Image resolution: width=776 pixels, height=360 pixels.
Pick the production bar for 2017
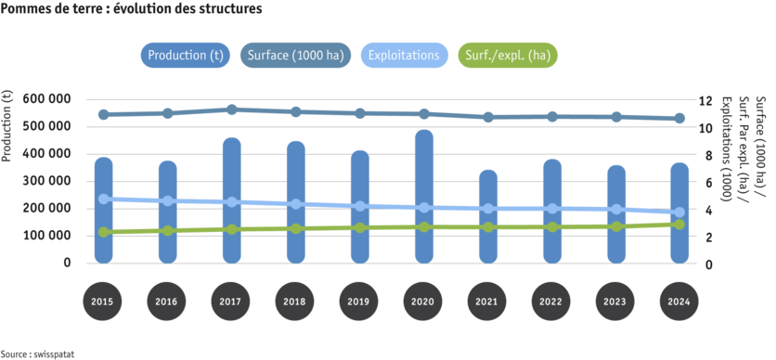coord(231,200)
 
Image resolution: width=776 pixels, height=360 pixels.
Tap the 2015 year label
coord(103,302)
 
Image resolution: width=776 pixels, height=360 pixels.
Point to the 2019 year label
coord(359,302)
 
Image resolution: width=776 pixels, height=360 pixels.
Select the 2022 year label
coord(551,302)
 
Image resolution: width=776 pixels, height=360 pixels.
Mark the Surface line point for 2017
coord(231,109)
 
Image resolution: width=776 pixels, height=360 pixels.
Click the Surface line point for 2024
coord(679,119)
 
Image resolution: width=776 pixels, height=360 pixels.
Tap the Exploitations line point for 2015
coord(103,199)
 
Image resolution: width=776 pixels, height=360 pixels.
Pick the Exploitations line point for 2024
coord(679,212)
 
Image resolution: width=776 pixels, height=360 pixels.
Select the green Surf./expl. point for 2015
coord(103,232)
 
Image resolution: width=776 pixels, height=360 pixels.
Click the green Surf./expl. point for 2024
coord(679,224)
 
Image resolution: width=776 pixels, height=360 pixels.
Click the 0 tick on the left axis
coord(67,264)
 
